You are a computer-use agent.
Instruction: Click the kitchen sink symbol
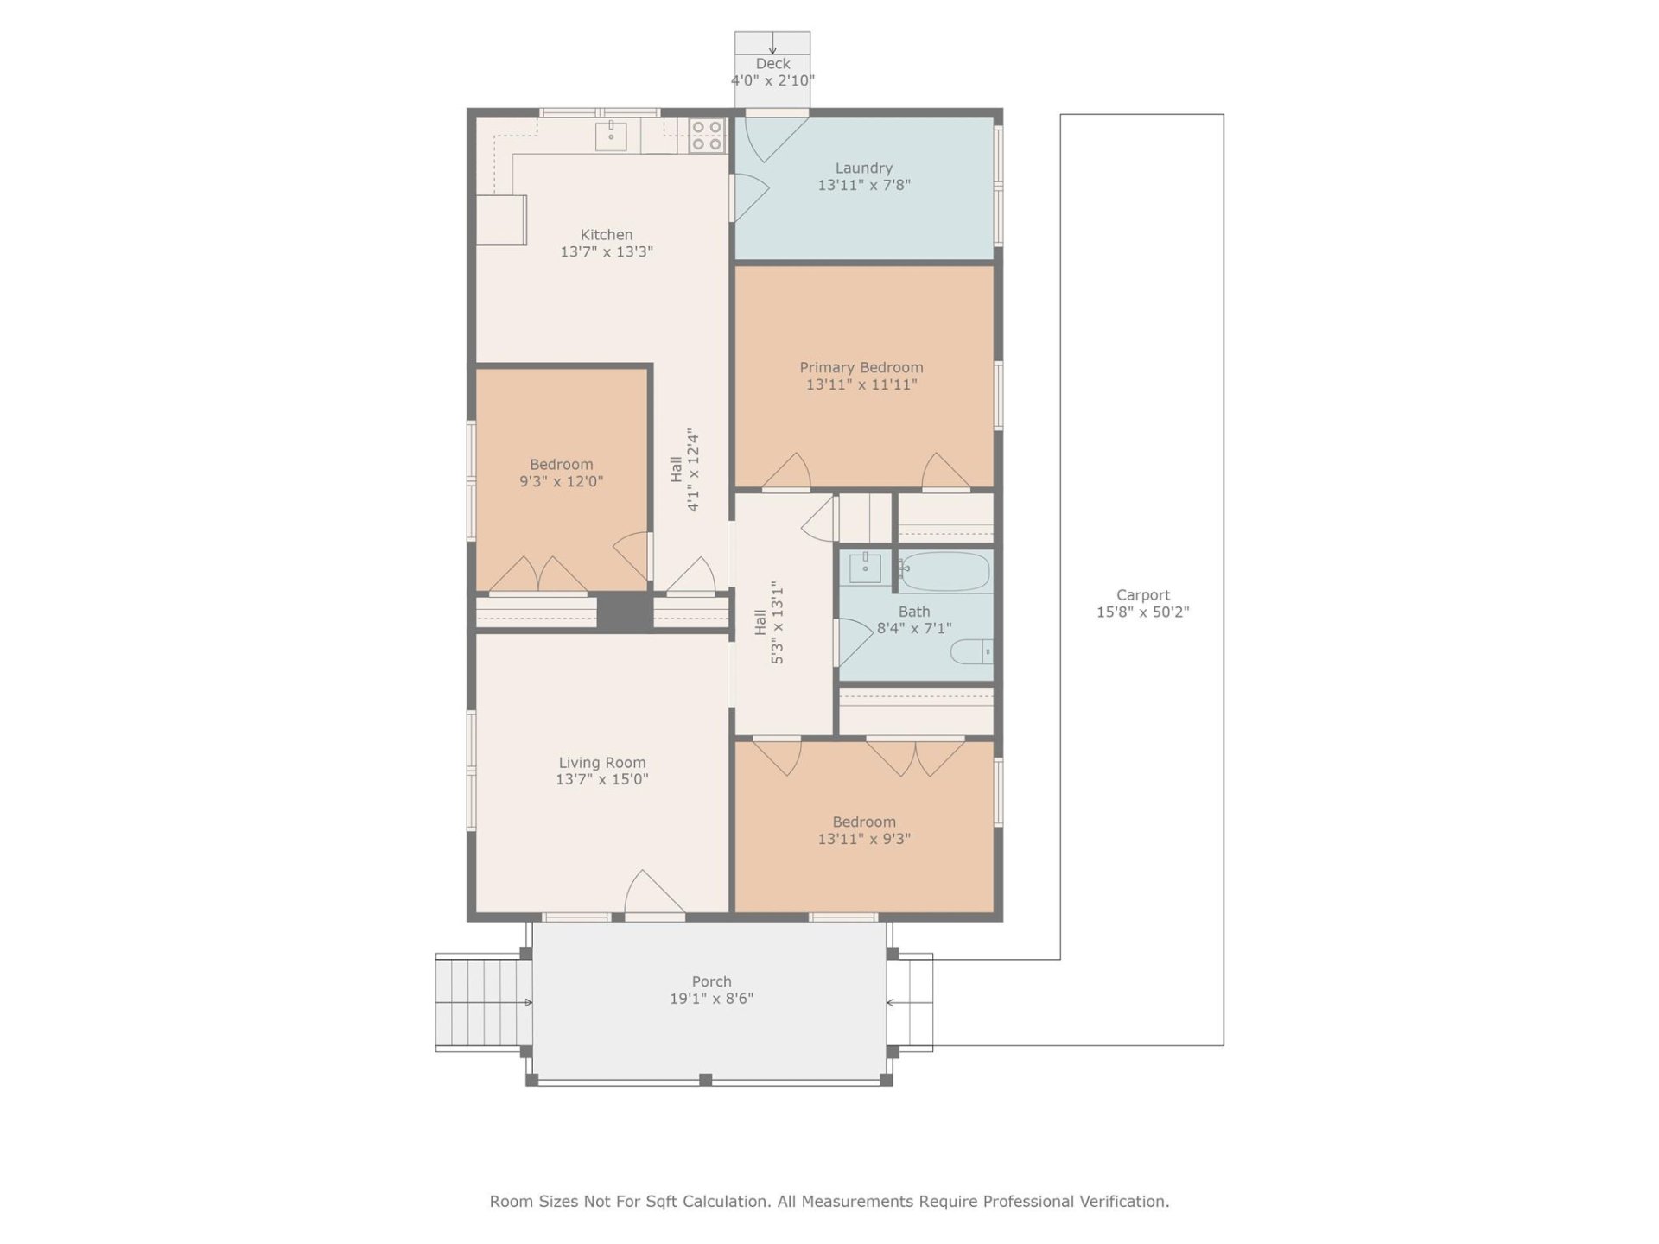[x=611, y=136]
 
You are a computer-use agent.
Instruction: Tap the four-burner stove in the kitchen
[x=707, y=136]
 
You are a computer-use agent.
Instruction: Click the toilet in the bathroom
[x=972, y=651]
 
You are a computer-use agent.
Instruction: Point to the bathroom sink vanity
[x=864, y=568]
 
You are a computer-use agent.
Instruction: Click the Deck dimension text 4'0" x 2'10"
[x=772, y=80]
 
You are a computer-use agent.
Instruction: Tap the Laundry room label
[x=863, y=168]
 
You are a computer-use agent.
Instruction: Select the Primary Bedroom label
[x=861, y=368]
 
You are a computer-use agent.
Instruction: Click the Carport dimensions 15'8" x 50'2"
[x=1142, y=612]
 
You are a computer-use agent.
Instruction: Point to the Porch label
[x=711, y=981]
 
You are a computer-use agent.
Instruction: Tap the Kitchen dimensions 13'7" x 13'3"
[x=606, y=252]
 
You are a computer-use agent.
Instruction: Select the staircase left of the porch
[x=483, y=1002]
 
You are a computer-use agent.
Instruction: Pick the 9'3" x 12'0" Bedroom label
[x=561, y=465]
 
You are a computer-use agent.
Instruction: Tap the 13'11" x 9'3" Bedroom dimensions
[x=863, y=839]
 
